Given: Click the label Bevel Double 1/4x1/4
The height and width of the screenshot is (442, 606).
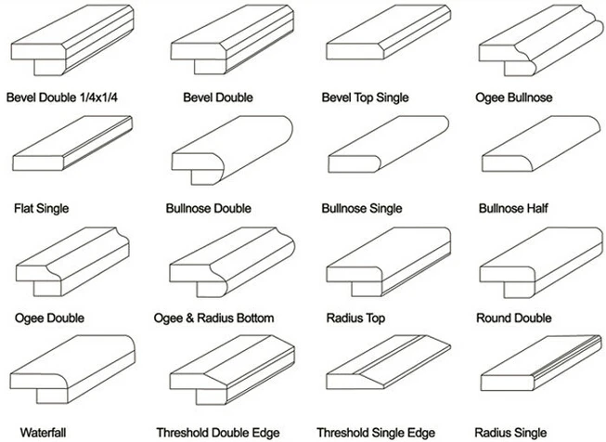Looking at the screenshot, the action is coord(62,97).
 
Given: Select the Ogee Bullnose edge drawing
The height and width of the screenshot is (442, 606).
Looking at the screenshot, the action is coord(541,40).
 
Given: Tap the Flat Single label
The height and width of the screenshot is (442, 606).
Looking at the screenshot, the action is coord(42,208).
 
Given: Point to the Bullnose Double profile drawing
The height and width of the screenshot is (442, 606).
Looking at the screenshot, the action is coord(232,150).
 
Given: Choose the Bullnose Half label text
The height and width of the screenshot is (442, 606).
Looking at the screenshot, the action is coord(513,208).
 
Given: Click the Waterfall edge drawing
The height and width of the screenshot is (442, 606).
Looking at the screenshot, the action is coord(72,370).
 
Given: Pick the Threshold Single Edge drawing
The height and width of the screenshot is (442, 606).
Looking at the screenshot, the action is coord(389,362).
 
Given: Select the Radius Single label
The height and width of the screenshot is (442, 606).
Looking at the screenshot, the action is coord(510,433).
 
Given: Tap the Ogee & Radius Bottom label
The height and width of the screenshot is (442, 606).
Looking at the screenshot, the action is coord(213,318).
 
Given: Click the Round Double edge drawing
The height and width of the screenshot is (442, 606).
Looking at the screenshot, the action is coord(541,263).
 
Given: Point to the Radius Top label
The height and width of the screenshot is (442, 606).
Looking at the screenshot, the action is coord(355,318).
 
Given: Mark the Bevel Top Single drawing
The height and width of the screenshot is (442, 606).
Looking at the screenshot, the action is coord(389,32).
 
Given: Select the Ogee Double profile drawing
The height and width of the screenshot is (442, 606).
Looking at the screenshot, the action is coord(72,262).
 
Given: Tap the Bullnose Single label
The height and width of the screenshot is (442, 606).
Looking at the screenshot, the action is coord(362,208).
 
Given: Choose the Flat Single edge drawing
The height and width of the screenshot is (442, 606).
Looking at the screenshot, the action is coord(72,143).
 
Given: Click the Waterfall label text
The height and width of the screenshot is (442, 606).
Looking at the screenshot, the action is coord(43,433).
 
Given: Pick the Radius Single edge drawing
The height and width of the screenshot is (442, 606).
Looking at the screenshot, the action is coord(541,363).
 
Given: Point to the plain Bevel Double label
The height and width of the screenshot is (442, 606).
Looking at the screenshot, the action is coord(218,97).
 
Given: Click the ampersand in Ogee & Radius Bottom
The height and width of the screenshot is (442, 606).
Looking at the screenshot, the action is coord(189,318).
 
